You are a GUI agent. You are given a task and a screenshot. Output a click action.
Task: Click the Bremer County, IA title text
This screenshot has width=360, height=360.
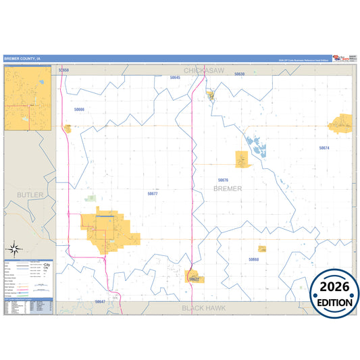tap(22, 59)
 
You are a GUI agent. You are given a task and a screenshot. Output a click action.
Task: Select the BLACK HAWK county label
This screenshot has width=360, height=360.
tap(202, 307)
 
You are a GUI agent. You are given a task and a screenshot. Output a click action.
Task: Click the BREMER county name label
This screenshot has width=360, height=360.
tap(227, 188)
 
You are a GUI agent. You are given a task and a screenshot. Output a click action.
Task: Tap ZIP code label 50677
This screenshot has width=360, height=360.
tap(153, 193)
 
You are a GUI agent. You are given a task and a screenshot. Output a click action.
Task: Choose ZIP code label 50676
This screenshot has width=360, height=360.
tap(223, 180)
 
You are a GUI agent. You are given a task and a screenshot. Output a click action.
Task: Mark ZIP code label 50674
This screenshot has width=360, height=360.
tap(324, 147)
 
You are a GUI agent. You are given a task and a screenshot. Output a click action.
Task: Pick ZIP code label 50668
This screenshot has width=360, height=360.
tap(253, 259)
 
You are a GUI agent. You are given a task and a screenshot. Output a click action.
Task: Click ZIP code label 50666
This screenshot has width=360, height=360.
tap(80, 109)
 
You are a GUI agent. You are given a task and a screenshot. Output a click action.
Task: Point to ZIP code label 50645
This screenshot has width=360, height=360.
tap(175, 78)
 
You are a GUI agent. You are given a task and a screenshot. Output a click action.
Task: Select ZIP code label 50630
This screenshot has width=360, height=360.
tap(239, 74)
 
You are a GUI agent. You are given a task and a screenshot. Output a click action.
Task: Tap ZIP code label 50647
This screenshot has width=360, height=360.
tap(100, 301)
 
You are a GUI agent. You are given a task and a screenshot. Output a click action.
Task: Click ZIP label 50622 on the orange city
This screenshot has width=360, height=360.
tap(195, 278)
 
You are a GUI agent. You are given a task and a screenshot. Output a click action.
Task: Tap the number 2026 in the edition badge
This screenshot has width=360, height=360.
tap(334, 288)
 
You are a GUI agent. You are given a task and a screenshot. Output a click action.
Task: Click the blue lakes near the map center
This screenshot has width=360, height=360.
tap(256, 145)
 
